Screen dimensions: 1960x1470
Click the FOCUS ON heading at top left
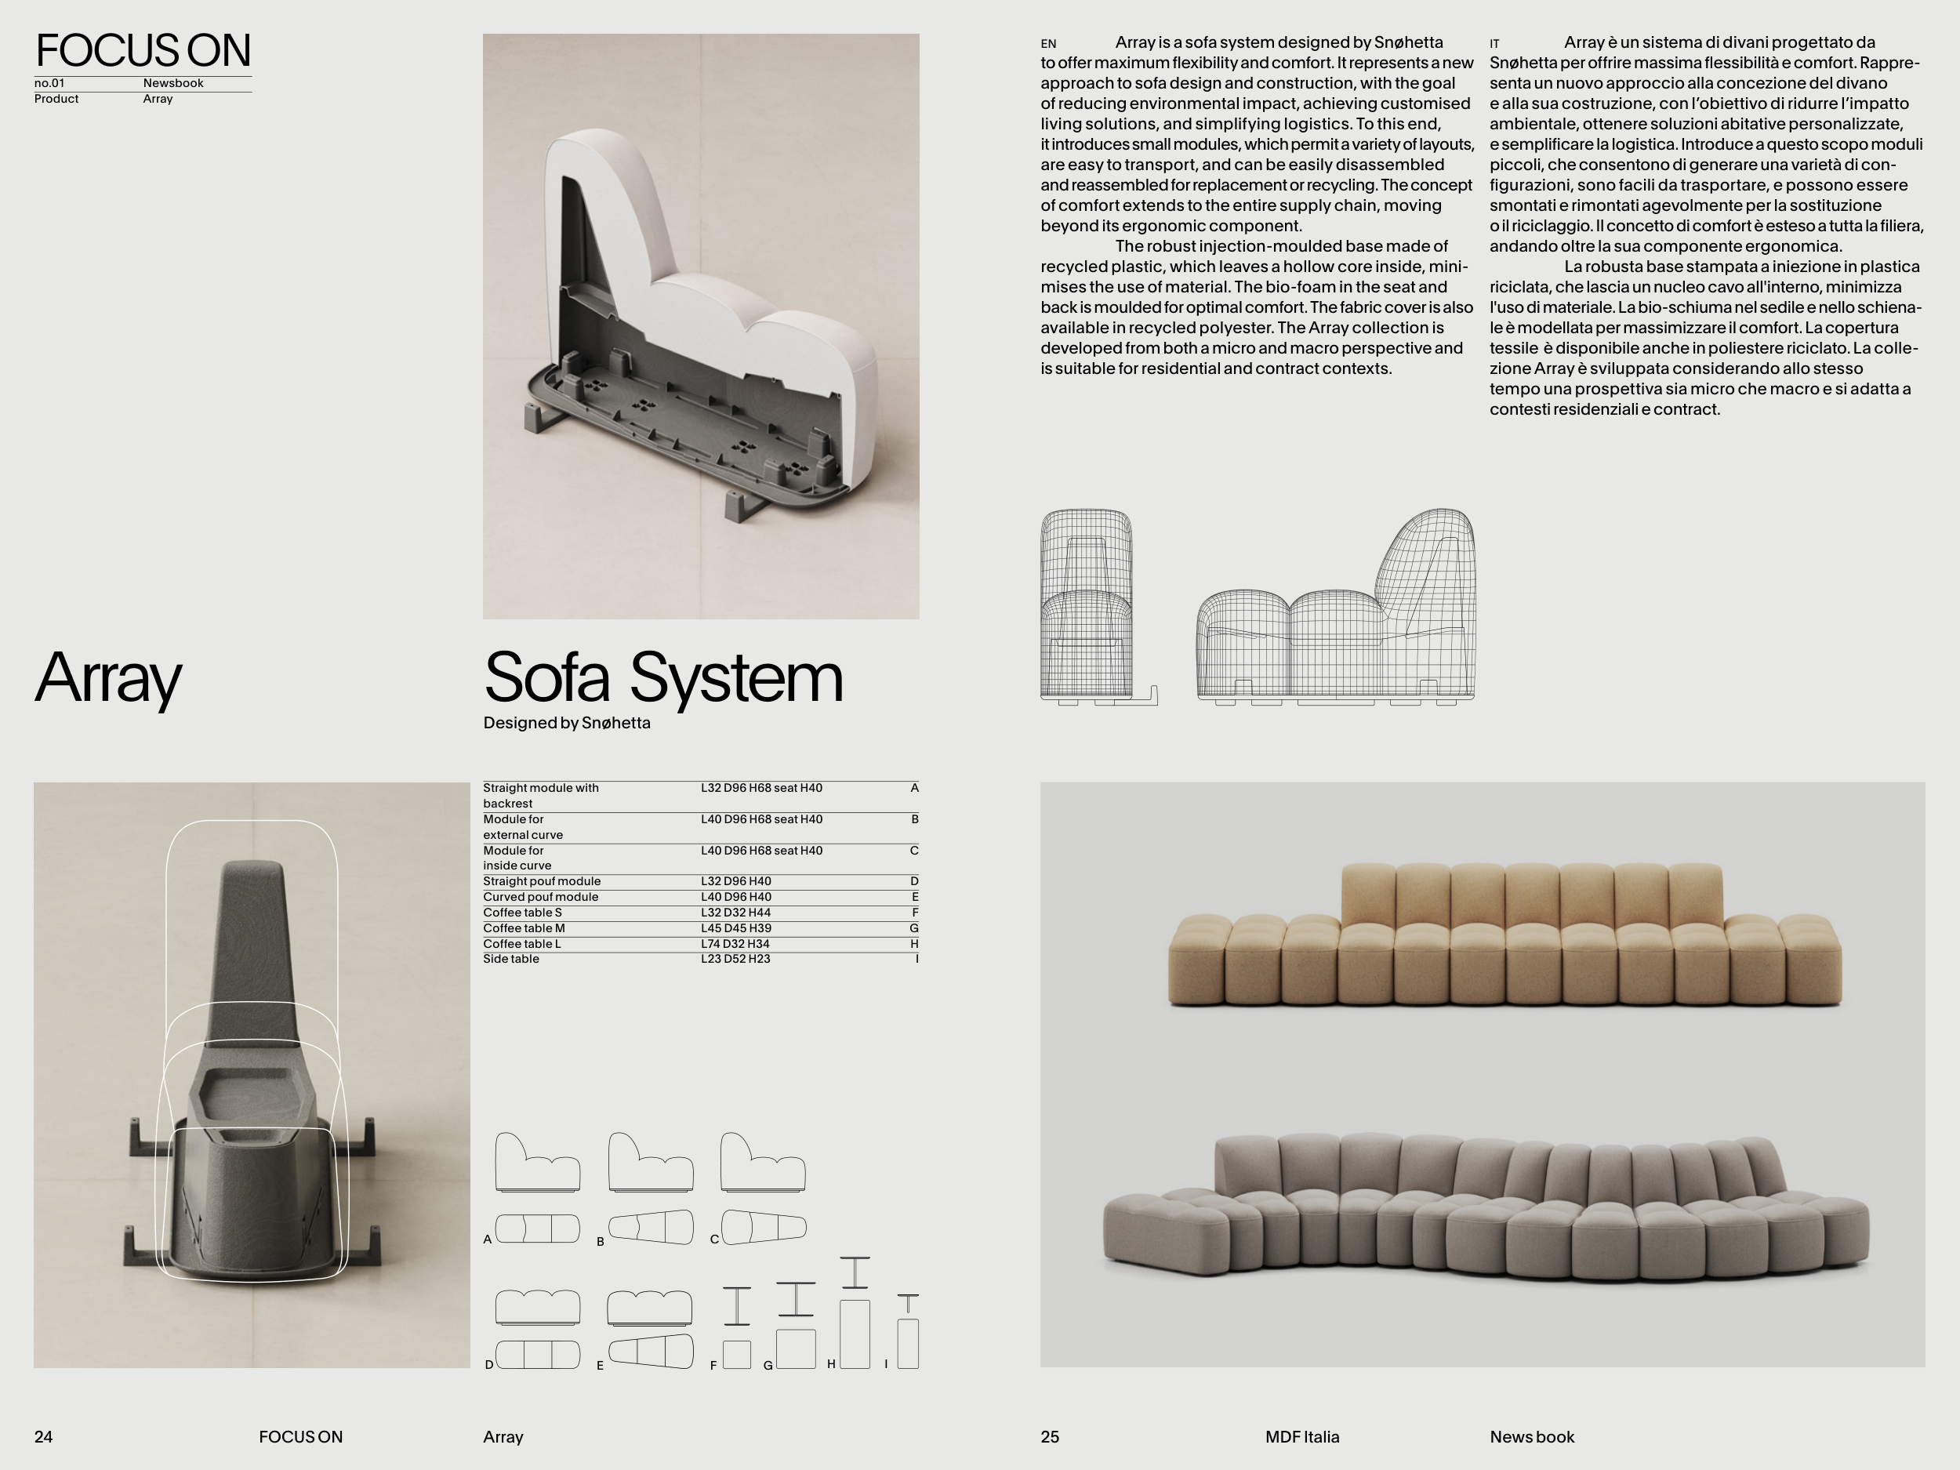tap(143, 50)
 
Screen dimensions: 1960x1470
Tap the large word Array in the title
tap(108, 679)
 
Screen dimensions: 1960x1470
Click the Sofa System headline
tap(662, 678)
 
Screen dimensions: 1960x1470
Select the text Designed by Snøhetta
tap(567, 723)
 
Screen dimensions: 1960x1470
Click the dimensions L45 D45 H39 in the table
tap(735, 928)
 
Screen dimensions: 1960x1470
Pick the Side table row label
tap(511, 959)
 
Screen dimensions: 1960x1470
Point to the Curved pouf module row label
tap(540, 897)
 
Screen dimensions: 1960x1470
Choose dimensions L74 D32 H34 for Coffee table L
tap(735, 944)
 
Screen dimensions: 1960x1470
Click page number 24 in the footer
tap(43, 1437)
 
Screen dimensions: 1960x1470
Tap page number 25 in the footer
tap(1050, 1437)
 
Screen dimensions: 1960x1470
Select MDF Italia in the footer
tap(1302, 1437)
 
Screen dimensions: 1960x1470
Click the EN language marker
tap(1048, 43)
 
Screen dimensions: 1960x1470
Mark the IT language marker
tap(1495, 43)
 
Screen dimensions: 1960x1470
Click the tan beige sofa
tap(1504, 935)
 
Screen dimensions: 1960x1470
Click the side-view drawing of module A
tap(537, 1162)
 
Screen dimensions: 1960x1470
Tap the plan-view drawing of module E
tap(651, 1352)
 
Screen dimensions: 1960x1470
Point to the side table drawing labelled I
tap(907, 1332)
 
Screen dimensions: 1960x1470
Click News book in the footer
tap(1532, 1437)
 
